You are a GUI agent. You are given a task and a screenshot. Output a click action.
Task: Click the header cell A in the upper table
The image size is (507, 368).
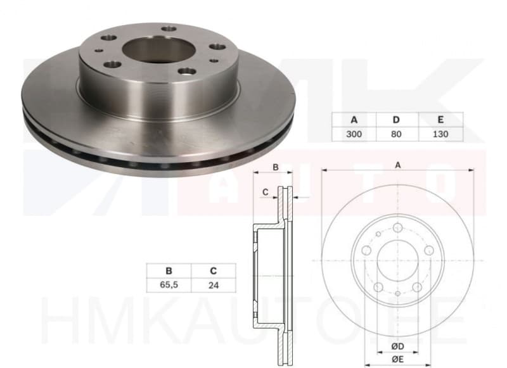(x=354, y=120)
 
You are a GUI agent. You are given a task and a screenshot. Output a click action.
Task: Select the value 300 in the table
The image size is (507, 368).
(x=354, y=134)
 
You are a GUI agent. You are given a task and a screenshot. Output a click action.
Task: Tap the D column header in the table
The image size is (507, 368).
(x=397, y=120)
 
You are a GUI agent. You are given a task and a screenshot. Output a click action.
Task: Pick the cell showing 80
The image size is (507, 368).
(x=397, y=134)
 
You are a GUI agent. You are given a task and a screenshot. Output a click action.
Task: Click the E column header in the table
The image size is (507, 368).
(x=440, y=120)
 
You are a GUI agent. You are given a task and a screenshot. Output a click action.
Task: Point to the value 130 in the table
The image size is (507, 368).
(x=440, y=134)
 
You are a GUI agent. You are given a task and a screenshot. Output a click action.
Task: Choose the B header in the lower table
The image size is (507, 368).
(x=169, y=270)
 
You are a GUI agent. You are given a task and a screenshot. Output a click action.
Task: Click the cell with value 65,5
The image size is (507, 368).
(x=169, y=284)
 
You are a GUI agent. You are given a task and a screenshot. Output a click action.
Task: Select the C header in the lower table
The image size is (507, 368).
(x=213, y=270)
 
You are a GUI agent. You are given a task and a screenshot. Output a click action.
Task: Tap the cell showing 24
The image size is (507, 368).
(x=213, y=284)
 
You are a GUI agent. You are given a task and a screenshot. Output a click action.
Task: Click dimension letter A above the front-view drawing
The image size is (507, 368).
(x=398, y=165)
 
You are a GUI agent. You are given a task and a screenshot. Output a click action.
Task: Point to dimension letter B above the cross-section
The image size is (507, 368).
(x=275, y=167)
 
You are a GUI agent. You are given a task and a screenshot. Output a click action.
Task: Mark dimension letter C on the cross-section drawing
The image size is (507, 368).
(x=266, y=191)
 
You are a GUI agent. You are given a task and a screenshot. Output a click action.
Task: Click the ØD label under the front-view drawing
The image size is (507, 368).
(x=397, y=346)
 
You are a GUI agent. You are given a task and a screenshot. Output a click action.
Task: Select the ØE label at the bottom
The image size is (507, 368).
(x=397, y=360)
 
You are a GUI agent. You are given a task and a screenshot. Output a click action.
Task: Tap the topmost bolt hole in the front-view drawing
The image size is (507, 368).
(x=397, y=229)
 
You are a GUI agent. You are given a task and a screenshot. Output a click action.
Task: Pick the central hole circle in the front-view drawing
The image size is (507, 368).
(x=397, y=260)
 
